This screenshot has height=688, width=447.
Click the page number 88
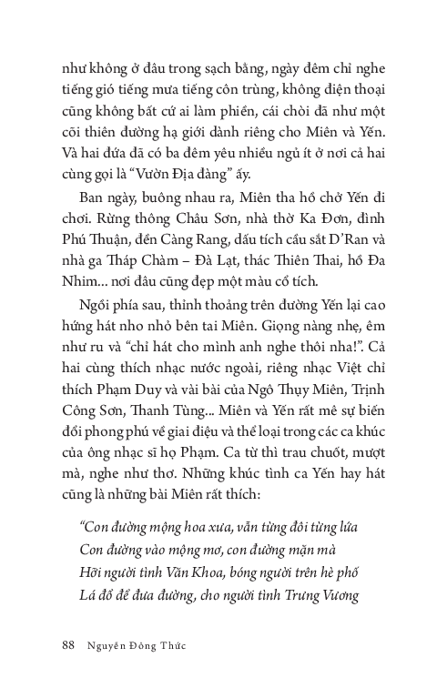click(x=62, y=645)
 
